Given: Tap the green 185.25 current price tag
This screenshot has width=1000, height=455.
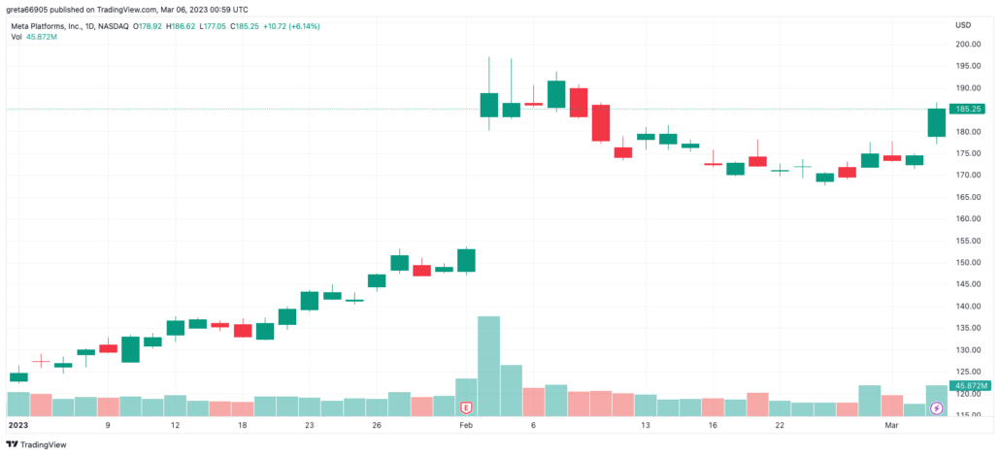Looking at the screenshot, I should coord(970,110).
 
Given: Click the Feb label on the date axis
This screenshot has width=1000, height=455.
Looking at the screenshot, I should coord(466,425).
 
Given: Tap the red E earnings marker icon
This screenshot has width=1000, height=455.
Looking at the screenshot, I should coord(466,408).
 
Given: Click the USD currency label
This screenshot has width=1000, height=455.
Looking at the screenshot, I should coord(963,25).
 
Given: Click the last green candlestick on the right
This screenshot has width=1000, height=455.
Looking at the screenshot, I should coord(936,122).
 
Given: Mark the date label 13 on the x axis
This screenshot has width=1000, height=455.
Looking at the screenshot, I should coord(645,425).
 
